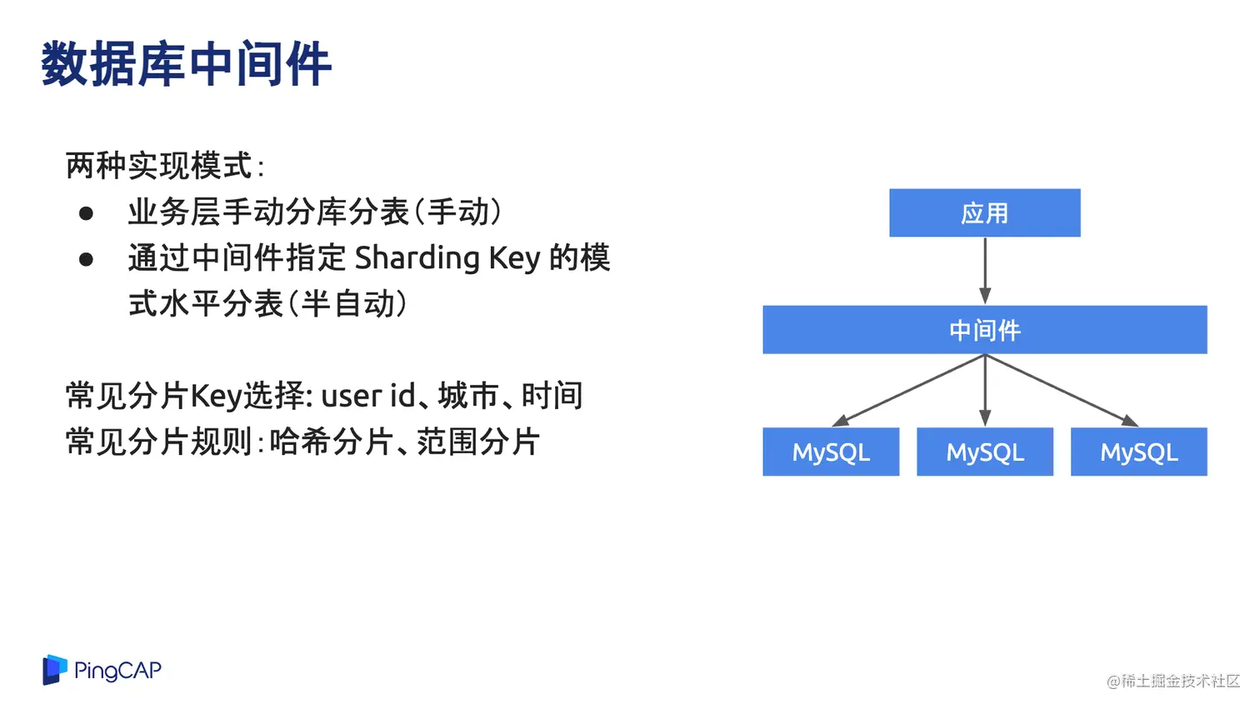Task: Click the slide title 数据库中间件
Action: click(x=186, y=64)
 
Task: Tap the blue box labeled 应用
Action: click(x=984, y=213)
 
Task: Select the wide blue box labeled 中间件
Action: click(x=984, y=330)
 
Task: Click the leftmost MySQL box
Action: click(x=831, y=452)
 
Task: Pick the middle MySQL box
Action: click(x=984, y=452)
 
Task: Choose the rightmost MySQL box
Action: click(x=1138, y=452)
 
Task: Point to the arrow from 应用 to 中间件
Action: click(x=985, y=271)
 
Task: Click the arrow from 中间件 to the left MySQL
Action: click(x=908, y=391)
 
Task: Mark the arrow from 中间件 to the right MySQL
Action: click(x=1061, y=391)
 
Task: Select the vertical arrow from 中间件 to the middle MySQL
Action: click(x=985, y=391)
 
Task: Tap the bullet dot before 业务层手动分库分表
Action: click(x=86, y=214)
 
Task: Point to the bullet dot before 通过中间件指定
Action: click(x=86, y=260)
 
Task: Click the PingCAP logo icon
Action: click(x=54, y=670)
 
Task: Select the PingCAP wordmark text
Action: click(x=117, y=671)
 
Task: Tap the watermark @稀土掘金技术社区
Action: click(x=1173, y=682)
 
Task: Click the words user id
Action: click(x=367, y=396)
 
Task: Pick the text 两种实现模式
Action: click(x=158, y=166)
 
